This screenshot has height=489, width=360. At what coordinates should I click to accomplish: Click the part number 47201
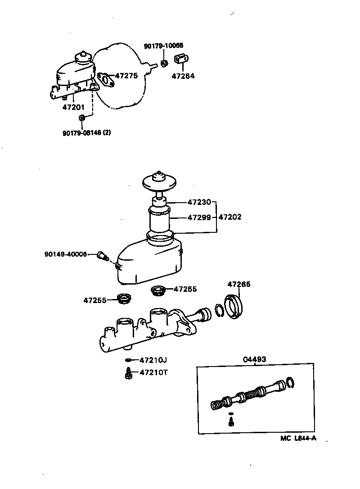[73, 107]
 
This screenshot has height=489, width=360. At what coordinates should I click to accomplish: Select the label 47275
[126, 76]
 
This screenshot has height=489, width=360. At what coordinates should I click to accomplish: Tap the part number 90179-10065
[163, 45]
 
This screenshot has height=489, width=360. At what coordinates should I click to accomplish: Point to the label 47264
[183, 76]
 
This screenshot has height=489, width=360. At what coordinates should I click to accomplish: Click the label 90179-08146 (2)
[86, 132]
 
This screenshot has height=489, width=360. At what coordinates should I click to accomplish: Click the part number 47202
[230, 217]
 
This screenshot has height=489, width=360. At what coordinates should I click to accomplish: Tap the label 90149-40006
[66, 254]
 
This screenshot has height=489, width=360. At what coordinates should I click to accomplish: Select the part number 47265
[239, 284]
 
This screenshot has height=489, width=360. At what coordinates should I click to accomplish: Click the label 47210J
[153, 360]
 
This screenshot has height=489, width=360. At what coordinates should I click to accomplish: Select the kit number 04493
[255, 359]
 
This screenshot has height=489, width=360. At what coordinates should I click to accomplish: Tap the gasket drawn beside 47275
[105, 80]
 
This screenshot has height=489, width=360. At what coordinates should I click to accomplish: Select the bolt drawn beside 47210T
[128, 373]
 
